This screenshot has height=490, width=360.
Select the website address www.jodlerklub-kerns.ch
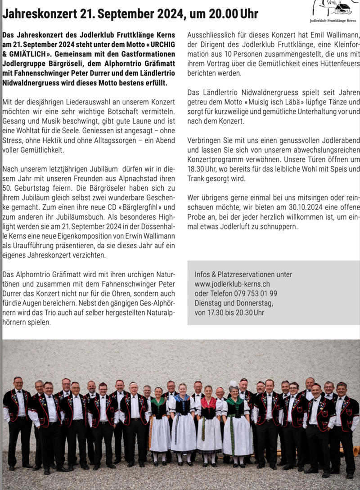(x=232, y=284)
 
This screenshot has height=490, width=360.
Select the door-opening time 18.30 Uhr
(x=203, y=169)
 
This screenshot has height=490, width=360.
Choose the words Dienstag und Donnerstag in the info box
(x=234, y=303)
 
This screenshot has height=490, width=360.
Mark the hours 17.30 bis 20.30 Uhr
(x=229, y=312)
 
